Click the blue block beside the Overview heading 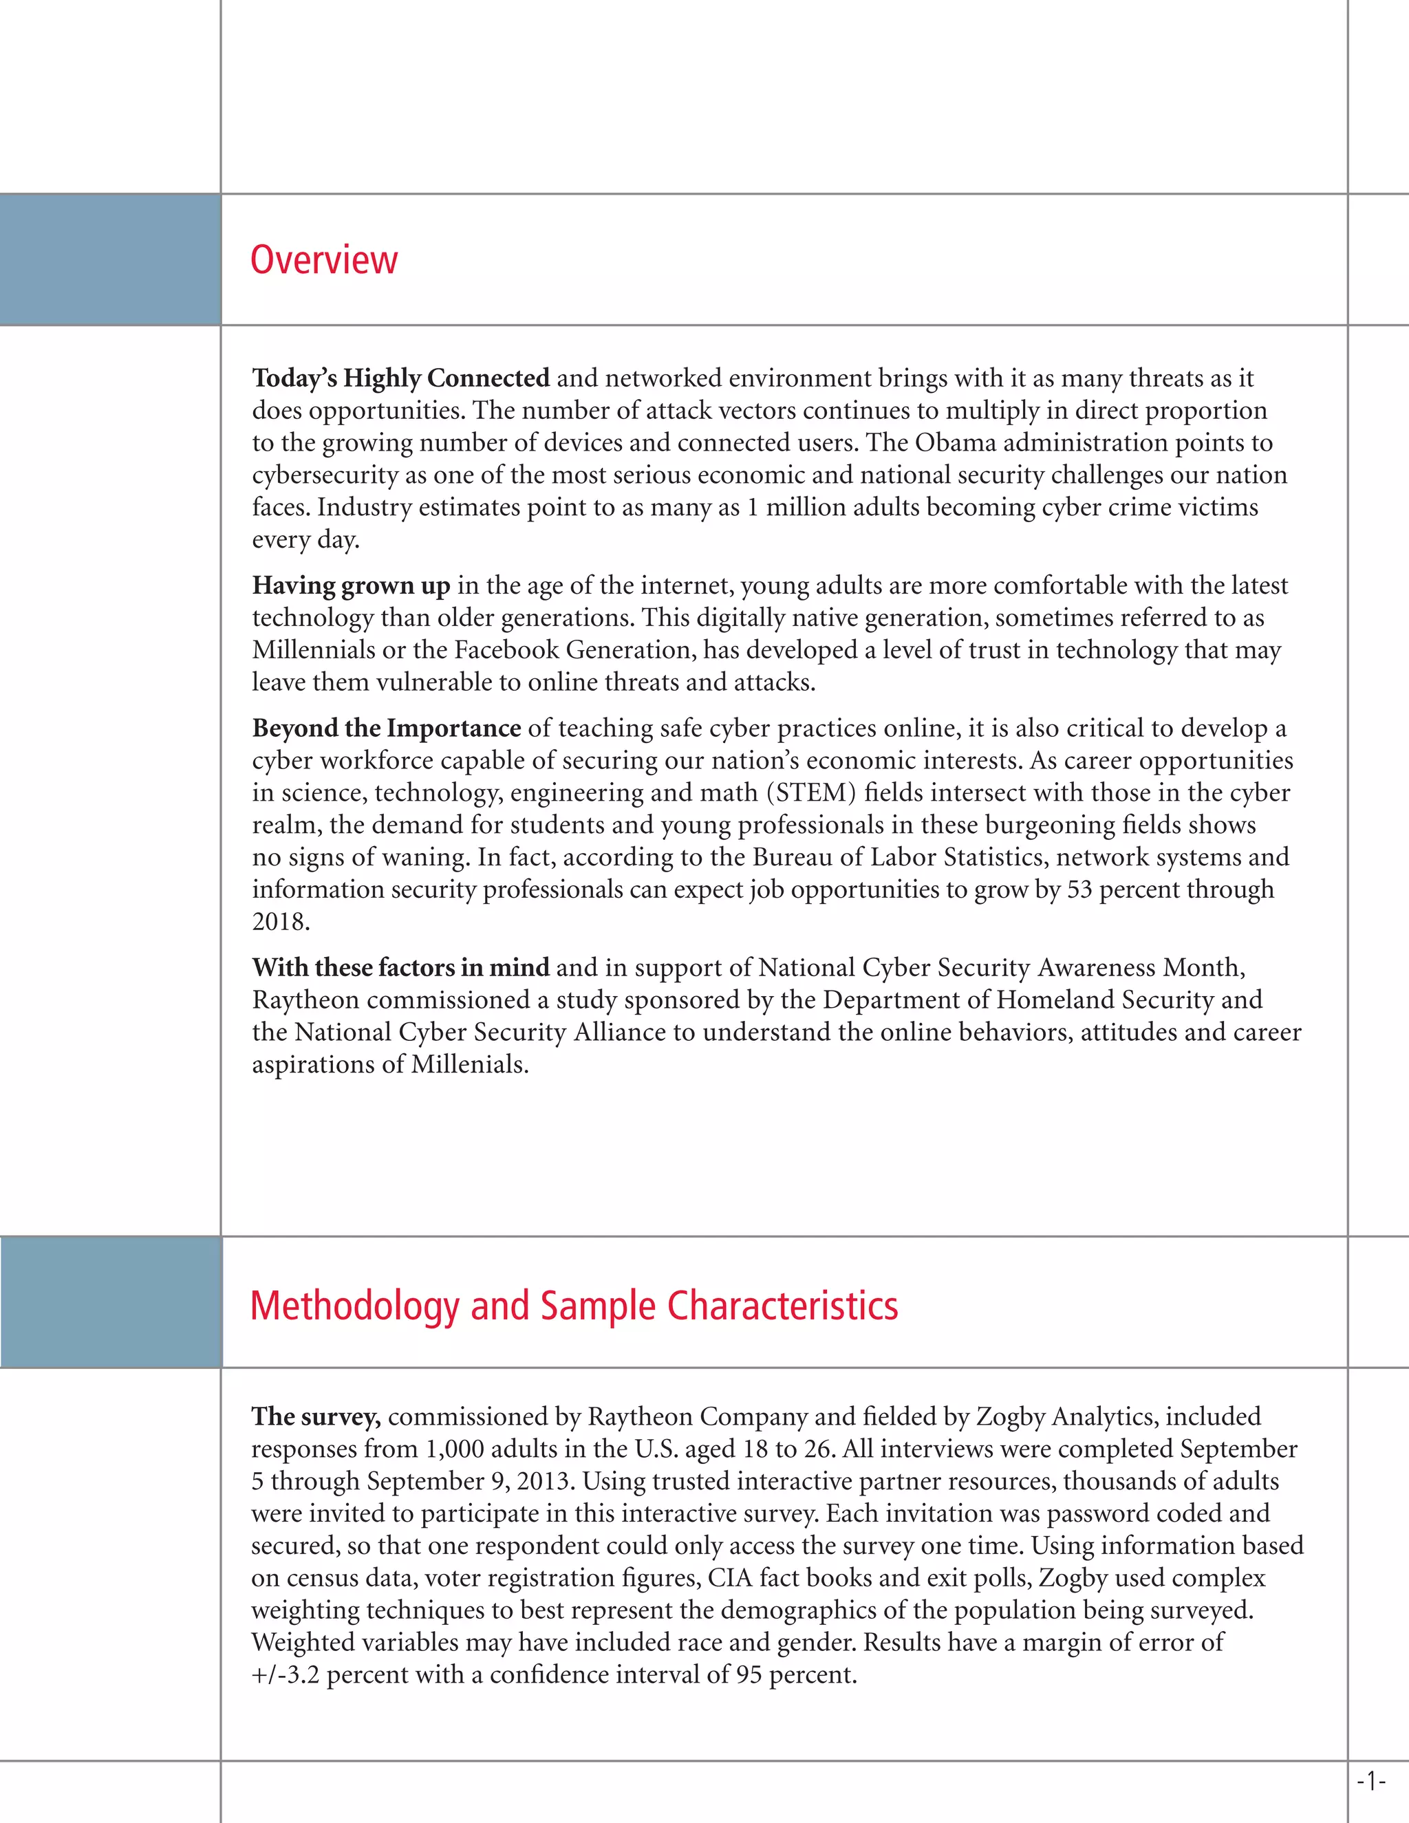click(110, 259)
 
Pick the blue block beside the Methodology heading click(111, 1302)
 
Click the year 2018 click(281, 922)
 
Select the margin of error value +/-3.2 click(286, 1674)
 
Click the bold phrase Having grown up click(351, 586)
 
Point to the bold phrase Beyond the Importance click(387, 728)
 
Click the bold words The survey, click(316, 1416)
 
